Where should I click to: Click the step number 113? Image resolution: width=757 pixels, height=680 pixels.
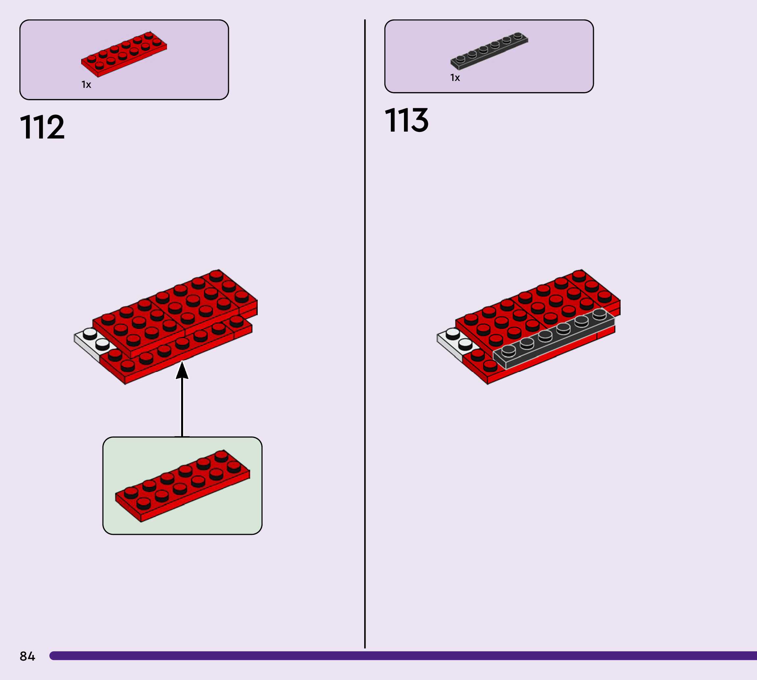407,120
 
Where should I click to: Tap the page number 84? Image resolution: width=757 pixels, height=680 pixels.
27,656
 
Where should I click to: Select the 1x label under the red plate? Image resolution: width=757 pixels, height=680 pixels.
86,85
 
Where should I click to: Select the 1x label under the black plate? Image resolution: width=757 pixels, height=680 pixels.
455,78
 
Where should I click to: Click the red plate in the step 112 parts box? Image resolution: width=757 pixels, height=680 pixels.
124,54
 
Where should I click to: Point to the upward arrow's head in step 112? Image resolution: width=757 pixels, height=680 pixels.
182,370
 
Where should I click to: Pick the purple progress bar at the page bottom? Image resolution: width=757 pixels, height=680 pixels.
403,656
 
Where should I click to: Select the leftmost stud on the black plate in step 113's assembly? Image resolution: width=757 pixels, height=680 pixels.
509,350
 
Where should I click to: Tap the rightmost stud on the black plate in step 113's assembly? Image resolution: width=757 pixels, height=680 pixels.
600,313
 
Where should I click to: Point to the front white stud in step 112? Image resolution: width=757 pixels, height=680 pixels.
102,343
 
